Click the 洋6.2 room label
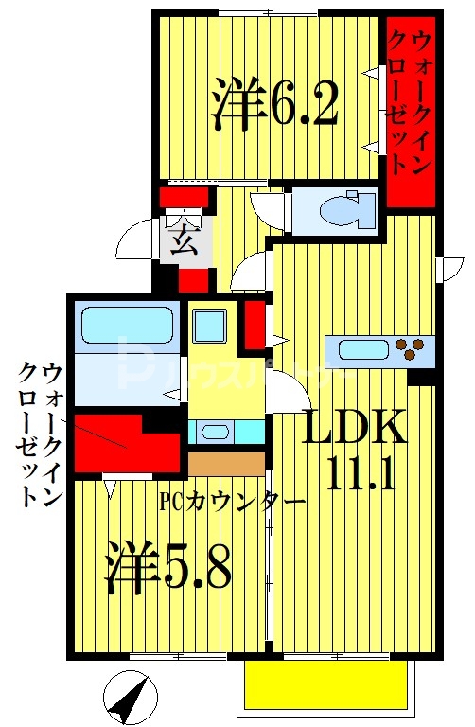275,104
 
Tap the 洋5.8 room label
167,566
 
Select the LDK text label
354,429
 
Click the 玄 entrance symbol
185,242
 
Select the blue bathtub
128,325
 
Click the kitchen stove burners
412,349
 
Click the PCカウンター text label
232,501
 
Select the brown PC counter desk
226,463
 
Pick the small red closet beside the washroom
255,324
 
